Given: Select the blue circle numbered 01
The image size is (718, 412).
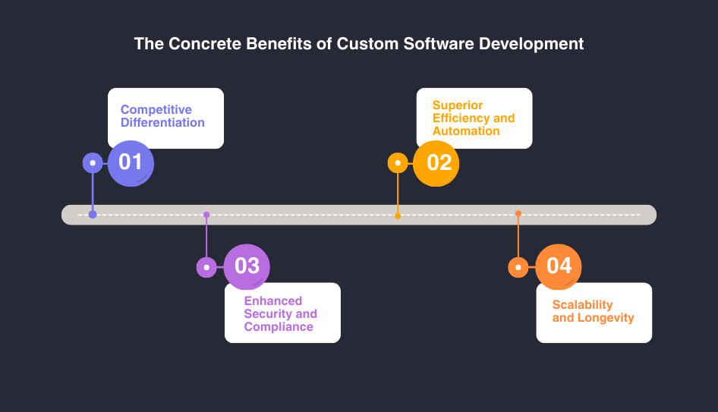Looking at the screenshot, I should tap(131, 162).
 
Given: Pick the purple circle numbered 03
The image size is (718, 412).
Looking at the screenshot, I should tap(247, 266).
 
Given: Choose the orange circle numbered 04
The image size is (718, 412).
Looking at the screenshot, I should tap(559, 266).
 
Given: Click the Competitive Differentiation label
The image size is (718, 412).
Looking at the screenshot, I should tap(162, 116).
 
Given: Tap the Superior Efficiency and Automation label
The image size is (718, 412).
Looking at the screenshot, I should tap(474, 118).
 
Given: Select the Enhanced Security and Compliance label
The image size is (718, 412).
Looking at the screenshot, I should tap(280, 313).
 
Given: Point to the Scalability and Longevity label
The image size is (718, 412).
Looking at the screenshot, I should tap(593, 311).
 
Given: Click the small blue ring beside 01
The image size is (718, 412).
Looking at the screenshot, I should tap(93, 163).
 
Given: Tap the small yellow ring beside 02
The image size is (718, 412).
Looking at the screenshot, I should tap(398, 163).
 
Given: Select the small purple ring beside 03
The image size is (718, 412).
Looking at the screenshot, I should tap(206, 267).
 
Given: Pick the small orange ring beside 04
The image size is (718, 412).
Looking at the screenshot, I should tap(518, 267).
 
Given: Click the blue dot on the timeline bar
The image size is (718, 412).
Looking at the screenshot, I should tap(93, 215).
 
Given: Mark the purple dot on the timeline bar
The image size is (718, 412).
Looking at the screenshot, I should tap(206, 215).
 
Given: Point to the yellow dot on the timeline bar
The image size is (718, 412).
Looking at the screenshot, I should tap(398, 215).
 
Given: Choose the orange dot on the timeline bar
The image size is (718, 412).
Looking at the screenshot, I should tap(518, 214).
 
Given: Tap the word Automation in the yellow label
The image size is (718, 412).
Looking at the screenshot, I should tap(466, 131).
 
